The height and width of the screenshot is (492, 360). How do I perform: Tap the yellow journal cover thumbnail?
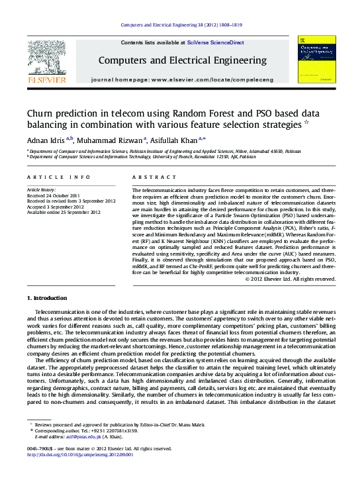(316, 59)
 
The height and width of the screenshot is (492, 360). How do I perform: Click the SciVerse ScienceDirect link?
(215, 42)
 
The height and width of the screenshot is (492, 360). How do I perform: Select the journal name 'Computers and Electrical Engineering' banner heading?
(182, 60)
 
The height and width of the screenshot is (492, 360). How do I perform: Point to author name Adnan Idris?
(45, 140)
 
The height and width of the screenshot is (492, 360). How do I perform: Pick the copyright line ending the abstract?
(290, 279)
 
